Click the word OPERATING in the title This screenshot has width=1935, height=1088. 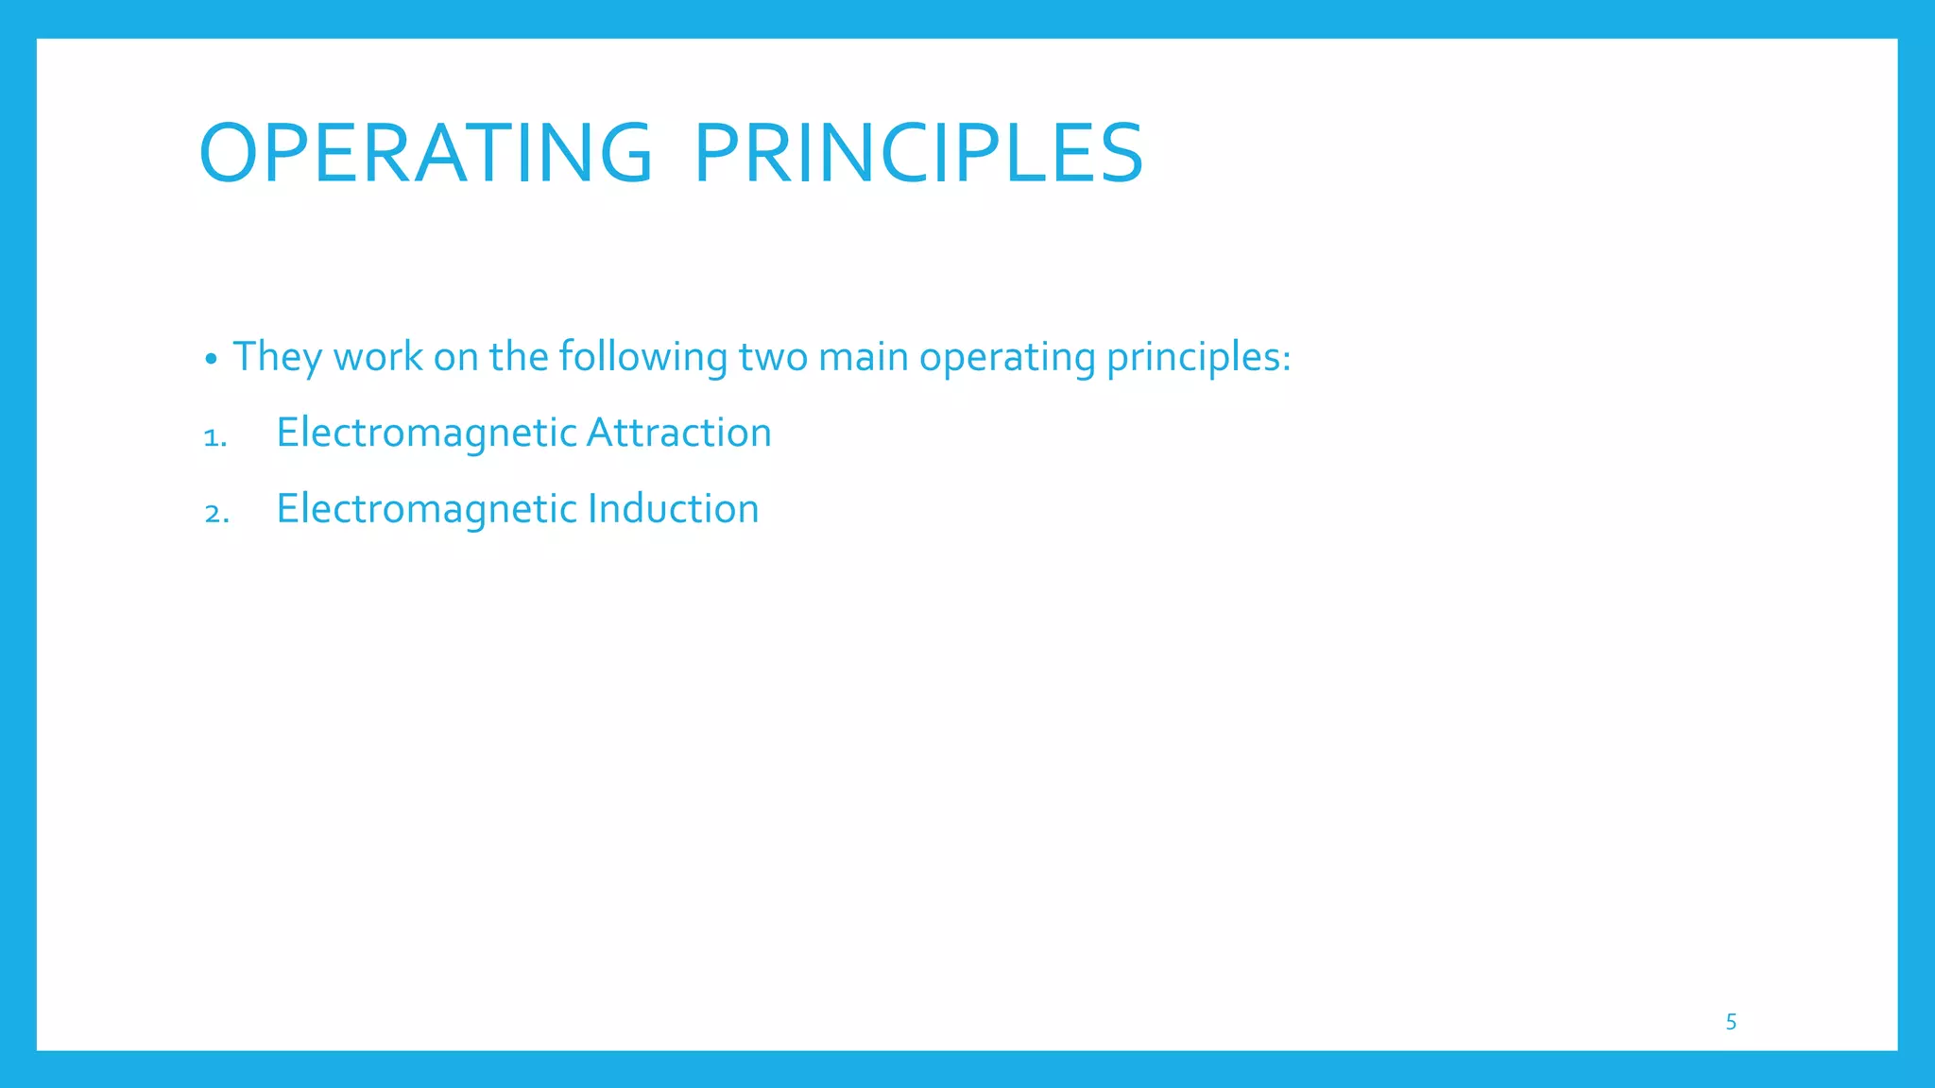click(425, 153)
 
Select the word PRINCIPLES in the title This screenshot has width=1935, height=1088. click(918, 153)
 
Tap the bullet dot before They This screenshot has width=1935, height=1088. click(212, 360)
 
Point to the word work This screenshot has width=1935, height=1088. click(378, 357)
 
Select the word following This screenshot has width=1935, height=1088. click(642, 357)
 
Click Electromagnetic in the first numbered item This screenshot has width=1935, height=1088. click(426, 433)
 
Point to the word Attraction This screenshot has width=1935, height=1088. click(679, 433)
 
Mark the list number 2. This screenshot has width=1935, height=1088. click(216, 513)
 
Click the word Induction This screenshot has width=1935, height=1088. click(674, 508)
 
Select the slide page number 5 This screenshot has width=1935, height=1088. click(1731, 1022)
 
